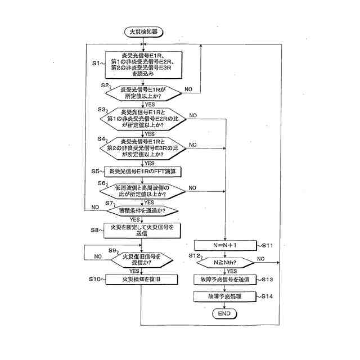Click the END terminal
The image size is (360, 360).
click(x=224, y=313)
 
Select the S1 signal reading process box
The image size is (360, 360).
click(x=142, y=62)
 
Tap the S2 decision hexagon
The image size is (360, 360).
click(x=142, y=92)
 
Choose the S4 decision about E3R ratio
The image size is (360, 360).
click(x=142, y=147)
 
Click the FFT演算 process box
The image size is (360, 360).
click(x=142, y=171)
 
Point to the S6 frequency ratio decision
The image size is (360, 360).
click(x=142, y=191)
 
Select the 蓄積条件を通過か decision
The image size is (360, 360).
click(x=142, y=210)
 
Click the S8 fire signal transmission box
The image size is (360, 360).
click(x=142, y=229)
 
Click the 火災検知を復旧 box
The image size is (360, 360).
click(x=142, y=279)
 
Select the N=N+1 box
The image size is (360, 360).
click(x=224, y=245)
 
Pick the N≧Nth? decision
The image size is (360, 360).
click(x=224, y=262)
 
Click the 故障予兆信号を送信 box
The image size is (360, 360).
click(x=224, y=279)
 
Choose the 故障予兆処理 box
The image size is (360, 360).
click(x=224, y=296)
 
